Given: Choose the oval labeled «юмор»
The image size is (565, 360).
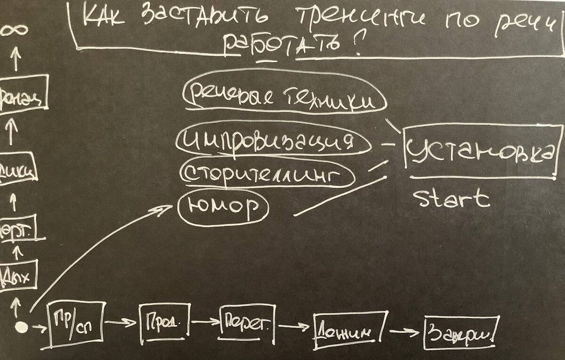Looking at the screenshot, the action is (x=223, y=207).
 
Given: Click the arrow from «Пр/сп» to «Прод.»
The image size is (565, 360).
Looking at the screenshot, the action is (x=121, y=323).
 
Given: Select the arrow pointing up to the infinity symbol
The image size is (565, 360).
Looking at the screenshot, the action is (x=16, y=59).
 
